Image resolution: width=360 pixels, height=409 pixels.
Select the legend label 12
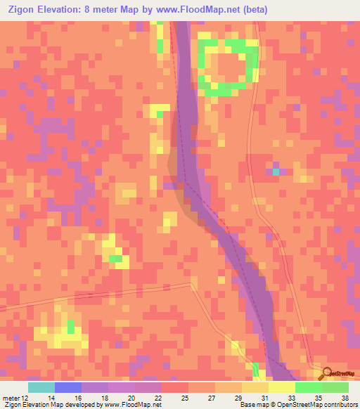pos(26,398)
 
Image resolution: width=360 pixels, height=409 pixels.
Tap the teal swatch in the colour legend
pos(41,387)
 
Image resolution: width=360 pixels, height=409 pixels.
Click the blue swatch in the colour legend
pos(68,387)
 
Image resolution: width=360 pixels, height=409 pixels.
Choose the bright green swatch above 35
pos(309,387)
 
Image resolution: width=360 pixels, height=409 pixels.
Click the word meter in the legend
pos(11,398)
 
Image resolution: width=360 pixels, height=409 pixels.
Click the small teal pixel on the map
pos(276,171)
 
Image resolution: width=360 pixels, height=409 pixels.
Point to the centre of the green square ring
pos(227,67)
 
